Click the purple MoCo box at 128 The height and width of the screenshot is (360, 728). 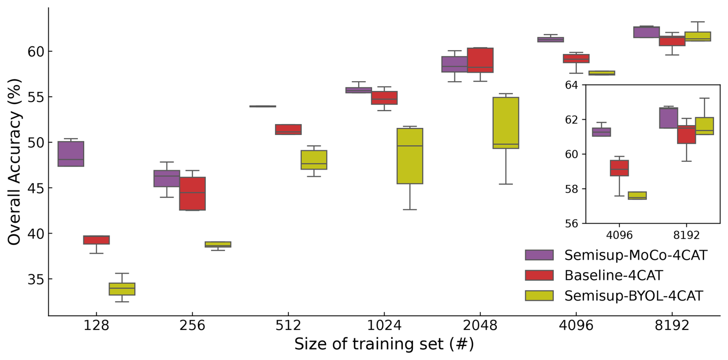(71, 154)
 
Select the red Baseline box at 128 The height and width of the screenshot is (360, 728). (96, 240)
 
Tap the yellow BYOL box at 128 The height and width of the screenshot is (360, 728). (122, 289)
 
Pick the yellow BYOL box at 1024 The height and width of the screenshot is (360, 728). (410, 156)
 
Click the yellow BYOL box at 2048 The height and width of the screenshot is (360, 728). (506, 123)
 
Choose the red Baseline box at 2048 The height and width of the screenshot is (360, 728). (480, 60)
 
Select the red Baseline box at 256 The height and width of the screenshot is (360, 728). (192, 194)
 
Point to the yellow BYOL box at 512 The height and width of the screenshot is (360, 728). (314, 160)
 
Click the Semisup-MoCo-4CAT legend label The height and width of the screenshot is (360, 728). (636, 255)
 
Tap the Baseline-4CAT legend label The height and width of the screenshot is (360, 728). (613, 275)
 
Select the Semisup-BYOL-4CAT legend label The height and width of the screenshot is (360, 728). (633, 296)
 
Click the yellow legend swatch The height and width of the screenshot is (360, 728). (539, 296)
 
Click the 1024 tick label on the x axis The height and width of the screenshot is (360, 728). (384, 326)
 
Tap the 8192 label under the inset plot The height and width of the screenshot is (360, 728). (686, 235)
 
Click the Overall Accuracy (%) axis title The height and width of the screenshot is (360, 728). (14, 162)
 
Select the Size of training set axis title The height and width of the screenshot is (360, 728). (384, 344)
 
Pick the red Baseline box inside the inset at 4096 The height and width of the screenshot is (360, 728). (619, 168)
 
